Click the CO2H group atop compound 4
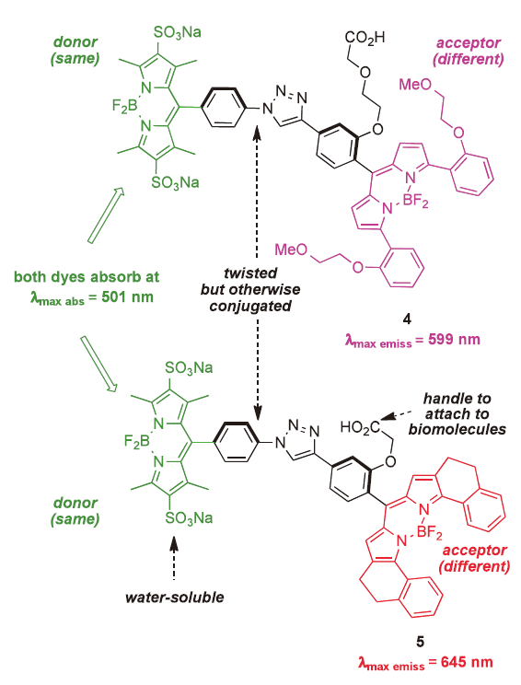point(365,38)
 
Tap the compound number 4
point(407,319)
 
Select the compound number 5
point(420,642)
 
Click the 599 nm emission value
point(454,340)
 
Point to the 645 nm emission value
point(467,662)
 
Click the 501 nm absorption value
point(128,297)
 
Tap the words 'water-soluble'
point(174,598)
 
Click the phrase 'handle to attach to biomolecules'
point(457,413)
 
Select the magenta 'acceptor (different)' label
point(469,52)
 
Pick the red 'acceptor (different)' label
point(474,558)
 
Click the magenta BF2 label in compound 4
point(415,202)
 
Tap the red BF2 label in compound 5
point(429,532)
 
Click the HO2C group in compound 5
point(359,427)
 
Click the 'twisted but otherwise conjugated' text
point(250,289)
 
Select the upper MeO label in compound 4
point(415,84)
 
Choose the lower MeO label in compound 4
point(291,250)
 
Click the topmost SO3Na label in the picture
point(178,33)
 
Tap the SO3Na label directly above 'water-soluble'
point(189,518)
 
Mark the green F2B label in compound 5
point(137,441)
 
